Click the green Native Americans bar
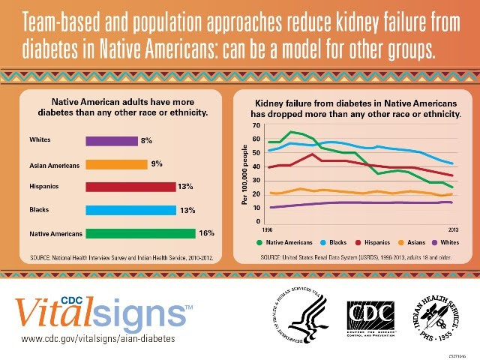click(x=140, y=233)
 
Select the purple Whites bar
click(x=112, y=140)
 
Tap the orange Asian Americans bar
click(x=116, y=163)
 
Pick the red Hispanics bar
click(x=130, y=187)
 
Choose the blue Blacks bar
click(x=130, y=210)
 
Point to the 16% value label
click(x=207, y=233)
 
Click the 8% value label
click(x=146, y=140)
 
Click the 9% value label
click(x=157, y=163)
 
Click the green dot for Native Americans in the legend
click(x=259, y=242)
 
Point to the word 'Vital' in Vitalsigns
click(x=52, y=309)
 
